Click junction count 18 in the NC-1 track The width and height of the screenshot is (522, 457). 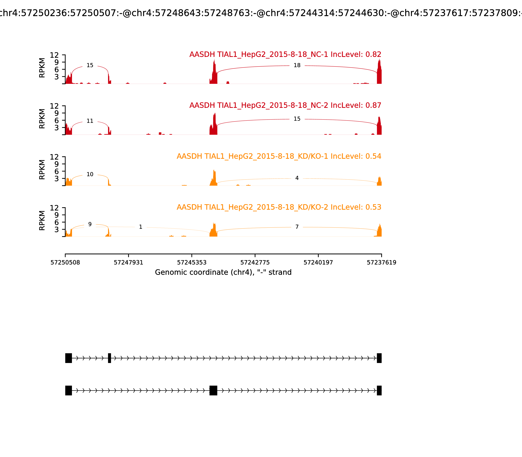(x=297, y=66)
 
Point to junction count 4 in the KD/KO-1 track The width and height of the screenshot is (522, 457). (x=297, y=178)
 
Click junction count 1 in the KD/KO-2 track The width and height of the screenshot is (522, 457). (x=140, y=227)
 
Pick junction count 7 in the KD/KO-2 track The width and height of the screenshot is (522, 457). (x=297, y=227)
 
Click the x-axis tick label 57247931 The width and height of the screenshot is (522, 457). (x=129, y=263)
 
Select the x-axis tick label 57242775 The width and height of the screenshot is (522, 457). (x=255, y=263)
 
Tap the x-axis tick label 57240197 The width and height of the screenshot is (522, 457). (x=318, y=263)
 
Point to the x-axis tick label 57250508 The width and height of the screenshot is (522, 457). (x=65, y=263)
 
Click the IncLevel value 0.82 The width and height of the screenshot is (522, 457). (x=373, y=55)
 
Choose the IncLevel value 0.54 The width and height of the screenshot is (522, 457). (x=373, y=156)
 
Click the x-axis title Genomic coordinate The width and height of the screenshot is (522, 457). (x=223, y=272)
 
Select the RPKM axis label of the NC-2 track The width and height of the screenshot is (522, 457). (x=42, y=119)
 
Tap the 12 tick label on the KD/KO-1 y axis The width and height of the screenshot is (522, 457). (x=54, y=157)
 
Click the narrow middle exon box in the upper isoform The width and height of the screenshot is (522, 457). (x=109, y=358)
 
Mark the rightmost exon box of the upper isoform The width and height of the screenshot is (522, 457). (x=379, y=358)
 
